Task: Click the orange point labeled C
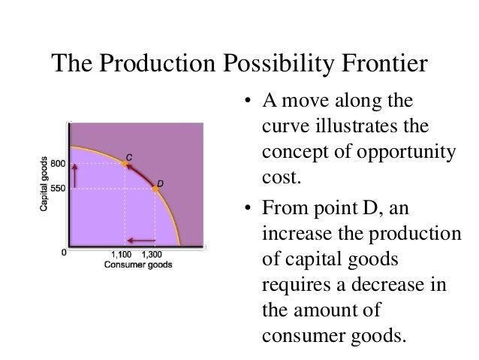click(x=125, y=163)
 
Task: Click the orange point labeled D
click(x=155, y=189)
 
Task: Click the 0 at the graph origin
click(x=64, y=253)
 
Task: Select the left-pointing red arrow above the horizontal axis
click(x=140, y=241)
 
